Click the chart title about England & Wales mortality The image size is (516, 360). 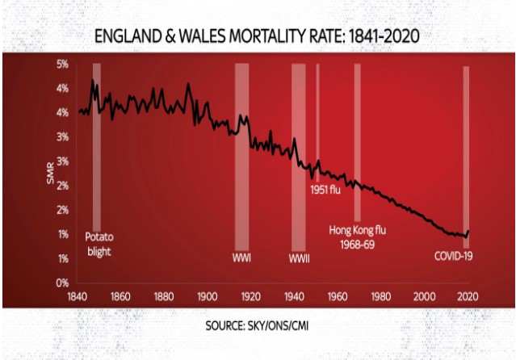[x=258, y=37]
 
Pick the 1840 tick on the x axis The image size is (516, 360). [x=77, y=295]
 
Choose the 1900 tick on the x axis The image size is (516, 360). [x=206, y=295]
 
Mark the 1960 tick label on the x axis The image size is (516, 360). [x=336, y=295]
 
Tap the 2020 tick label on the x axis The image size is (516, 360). [x=465, y=295]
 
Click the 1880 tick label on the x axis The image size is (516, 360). [x=162, y=295]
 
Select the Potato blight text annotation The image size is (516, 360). [x=98, y=245]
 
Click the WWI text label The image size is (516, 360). [x=241, y=258]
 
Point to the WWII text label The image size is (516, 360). [x=300, y=258]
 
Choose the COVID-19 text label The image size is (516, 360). [x=452, y=258]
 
